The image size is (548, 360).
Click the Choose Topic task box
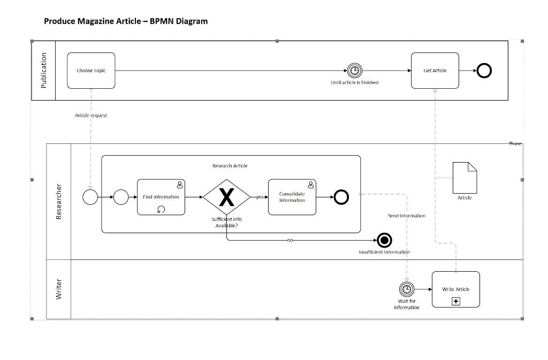[91, 71]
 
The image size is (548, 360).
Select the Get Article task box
[435, 71]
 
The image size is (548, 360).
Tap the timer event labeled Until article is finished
[354, 71]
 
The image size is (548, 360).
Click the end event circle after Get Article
[484, 71]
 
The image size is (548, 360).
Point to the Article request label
[91, 116]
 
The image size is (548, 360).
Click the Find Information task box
[161, 197]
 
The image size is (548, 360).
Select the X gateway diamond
[227, 197]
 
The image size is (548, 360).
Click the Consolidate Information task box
[292, 197]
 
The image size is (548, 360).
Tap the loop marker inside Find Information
[161, 210]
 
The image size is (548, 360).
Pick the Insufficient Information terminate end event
[384, 241]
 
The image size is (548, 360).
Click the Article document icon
[465, 178]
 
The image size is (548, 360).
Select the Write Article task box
[455, 289]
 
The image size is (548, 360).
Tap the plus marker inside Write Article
[456, 302]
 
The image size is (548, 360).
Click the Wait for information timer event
[407, 289]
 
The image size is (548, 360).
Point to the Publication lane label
[44, 71]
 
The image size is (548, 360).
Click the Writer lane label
[59, 289]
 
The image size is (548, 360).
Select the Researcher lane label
[59, 202]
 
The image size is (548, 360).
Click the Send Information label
[407, 216]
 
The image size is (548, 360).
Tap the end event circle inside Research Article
[341, 197]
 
